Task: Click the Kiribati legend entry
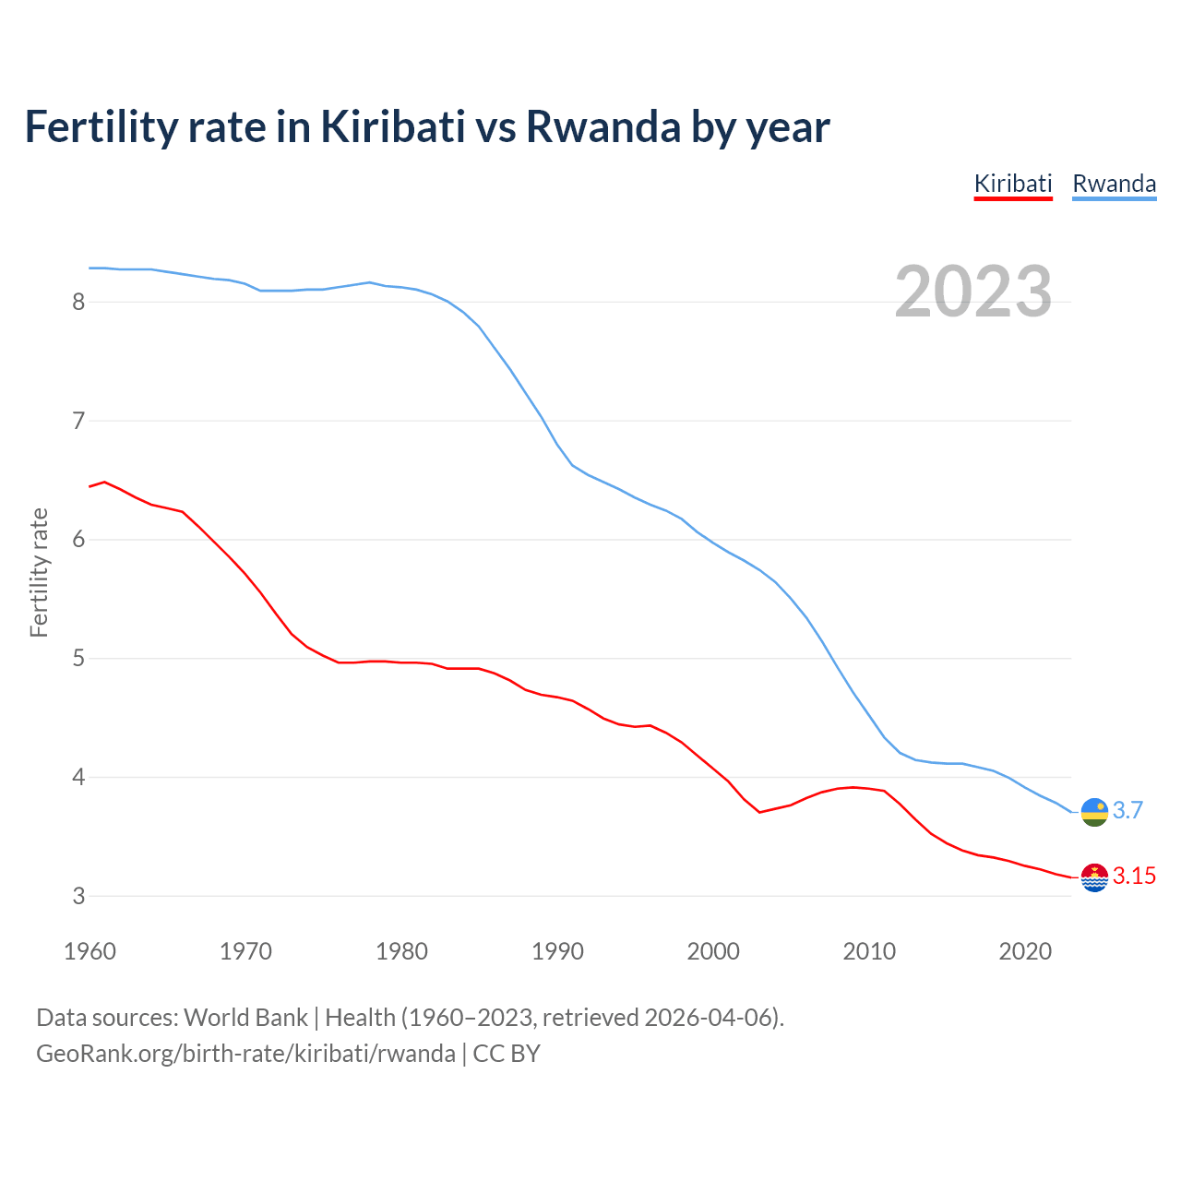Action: click(1013, 184)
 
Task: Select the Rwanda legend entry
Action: click(1114, 184)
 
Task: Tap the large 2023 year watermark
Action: click(973, 292)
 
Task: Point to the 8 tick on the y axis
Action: click(78, 302)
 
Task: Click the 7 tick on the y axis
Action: click(78, 421)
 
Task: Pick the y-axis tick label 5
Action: click(78, 659)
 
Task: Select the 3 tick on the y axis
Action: click(78, 896)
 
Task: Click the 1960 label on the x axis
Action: click(89, 951)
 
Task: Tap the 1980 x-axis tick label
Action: click(401, 951)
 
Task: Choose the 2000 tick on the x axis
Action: click(713, 951)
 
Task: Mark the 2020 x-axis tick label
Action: click(1025, 951)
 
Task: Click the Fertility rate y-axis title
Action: click(39, 572)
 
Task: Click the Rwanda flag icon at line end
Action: click(1094, 812)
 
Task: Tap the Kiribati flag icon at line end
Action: click(1094, 877)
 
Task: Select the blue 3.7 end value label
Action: click(1127, 810)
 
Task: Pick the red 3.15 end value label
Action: click(1134, 876)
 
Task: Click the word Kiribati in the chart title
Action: click(393, 126)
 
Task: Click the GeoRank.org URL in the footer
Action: click(245, 1053)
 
